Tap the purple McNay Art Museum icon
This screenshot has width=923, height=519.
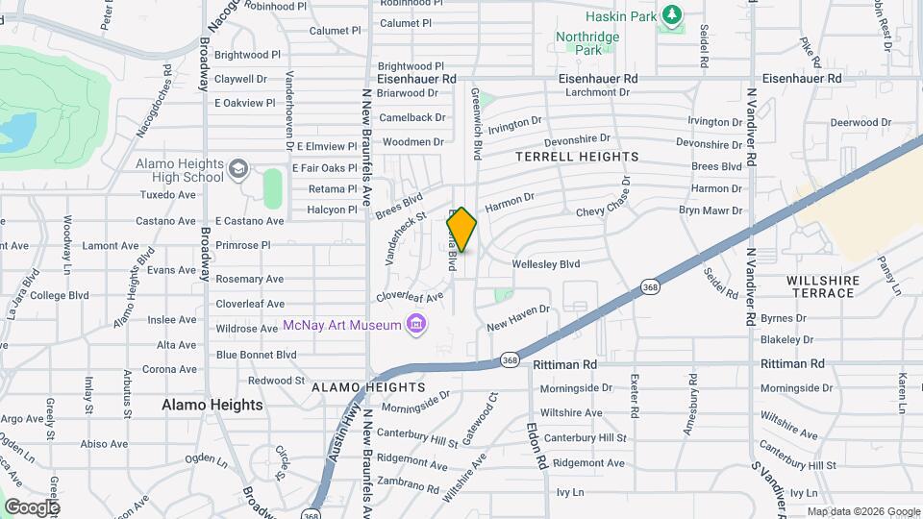pyautogui.click(x=415, y=324)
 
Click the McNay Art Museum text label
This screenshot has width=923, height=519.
pyautogui.click(x=341, y=325)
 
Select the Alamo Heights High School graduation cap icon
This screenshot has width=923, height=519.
pyautogui.click(x=237, y=170)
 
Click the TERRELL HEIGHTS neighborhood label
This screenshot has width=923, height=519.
pyautogui.click(x=577, y=156)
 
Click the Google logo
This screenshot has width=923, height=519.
pyautogui.click(x=31, y=507)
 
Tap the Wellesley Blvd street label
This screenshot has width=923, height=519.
pyautogui.click(x=546, y=263)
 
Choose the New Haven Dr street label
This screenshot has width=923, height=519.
pyautogui.click(x=517, y=317)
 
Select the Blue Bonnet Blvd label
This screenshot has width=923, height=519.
pyautogui.click(x=256, y=354)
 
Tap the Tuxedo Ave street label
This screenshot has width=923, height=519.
pyautogui.click(x=167, y=194)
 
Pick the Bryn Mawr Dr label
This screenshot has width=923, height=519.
pyautogui.click(x=711, y=210)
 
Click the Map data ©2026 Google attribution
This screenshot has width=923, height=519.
pyautogui.click(x=862, y=511)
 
